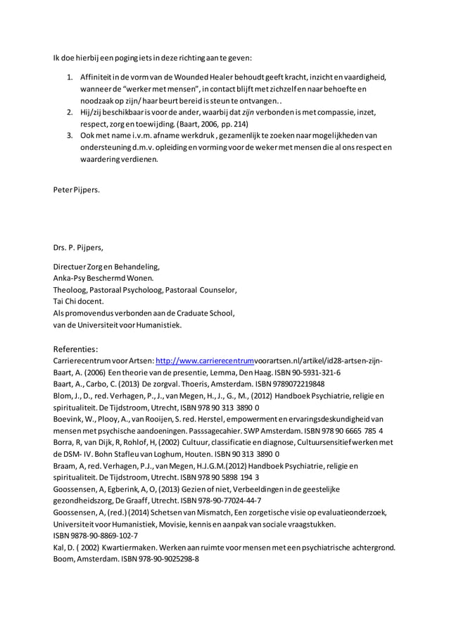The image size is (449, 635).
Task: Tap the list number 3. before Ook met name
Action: click(70, 135)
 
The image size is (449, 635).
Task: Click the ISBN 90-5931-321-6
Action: click(305, 372)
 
